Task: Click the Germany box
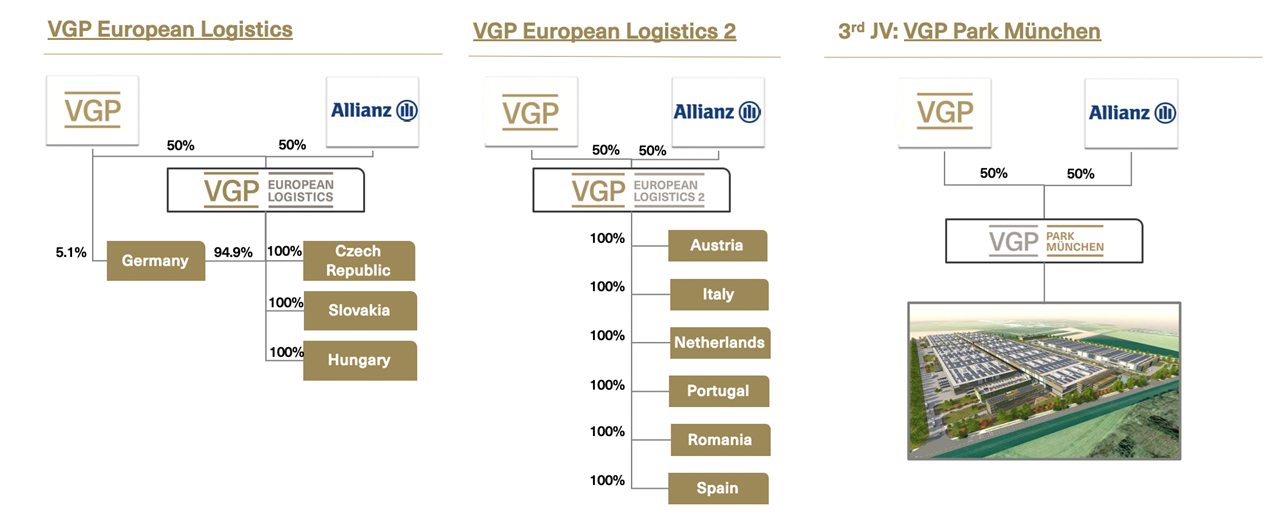coord(155,260)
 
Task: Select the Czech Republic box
coord(359,260)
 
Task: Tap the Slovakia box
coord(360,310)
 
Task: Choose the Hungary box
coord(360,360)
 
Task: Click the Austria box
coord(718,246)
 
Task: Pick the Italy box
coord(719,294)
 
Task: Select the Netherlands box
coord(720,343)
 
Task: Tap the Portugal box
coord(719,391)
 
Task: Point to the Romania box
coord(720,440)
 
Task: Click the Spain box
coord(718,488)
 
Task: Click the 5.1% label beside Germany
coord(71,252)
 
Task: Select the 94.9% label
coord(233,252)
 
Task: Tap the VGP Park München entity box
coord(1044,241)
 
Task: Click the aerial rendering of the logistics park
coord(1044,381)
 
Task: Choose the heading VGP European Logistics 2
coord(605,31)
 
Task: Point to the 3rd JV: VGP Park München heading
coord(969,31)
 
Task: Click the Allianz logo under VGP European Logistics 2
coord(718,112)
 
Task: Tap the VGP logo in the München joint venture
coord(945,113)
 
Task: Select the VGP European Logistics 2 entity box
coord(631,190)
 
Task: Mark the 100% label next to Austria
coord(607,239)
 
